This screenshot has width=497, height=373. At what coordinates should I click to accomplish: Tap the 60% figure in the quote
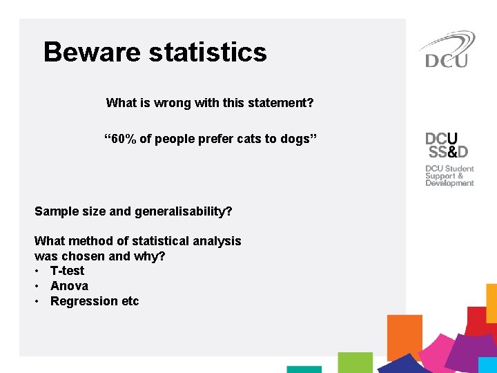pyautogui.click(x=122, y=139)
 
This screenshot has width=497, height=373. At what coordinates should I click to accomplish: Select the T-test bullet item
pyautogui.click(x=67, y=271)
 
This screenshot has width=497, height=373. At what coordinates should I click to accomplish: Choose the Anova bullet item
pyautogui.click(x=69, y=286)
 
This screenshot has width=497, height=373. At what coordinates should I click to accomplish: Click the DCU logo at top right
pyautogui.click(x=446, y=50)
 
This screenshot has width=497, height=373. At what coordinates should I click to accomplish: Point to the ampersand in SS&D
pyautogui.click(x=449, y=151)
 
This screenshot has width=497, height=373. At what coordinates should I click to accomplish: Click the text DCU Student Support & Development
pyautogui.click(x=449, y=175)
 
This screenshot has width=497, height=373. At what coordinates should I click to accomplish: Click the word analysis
pyautogui.click(x=217, y=241)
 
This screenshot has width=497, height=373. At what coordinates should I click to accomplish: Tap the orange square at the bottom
pyautogui.click(x=405, y=336)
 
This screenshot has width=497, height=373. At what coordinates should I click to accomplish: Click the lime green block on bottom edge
pyautogui.click(x=355, y=363)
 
